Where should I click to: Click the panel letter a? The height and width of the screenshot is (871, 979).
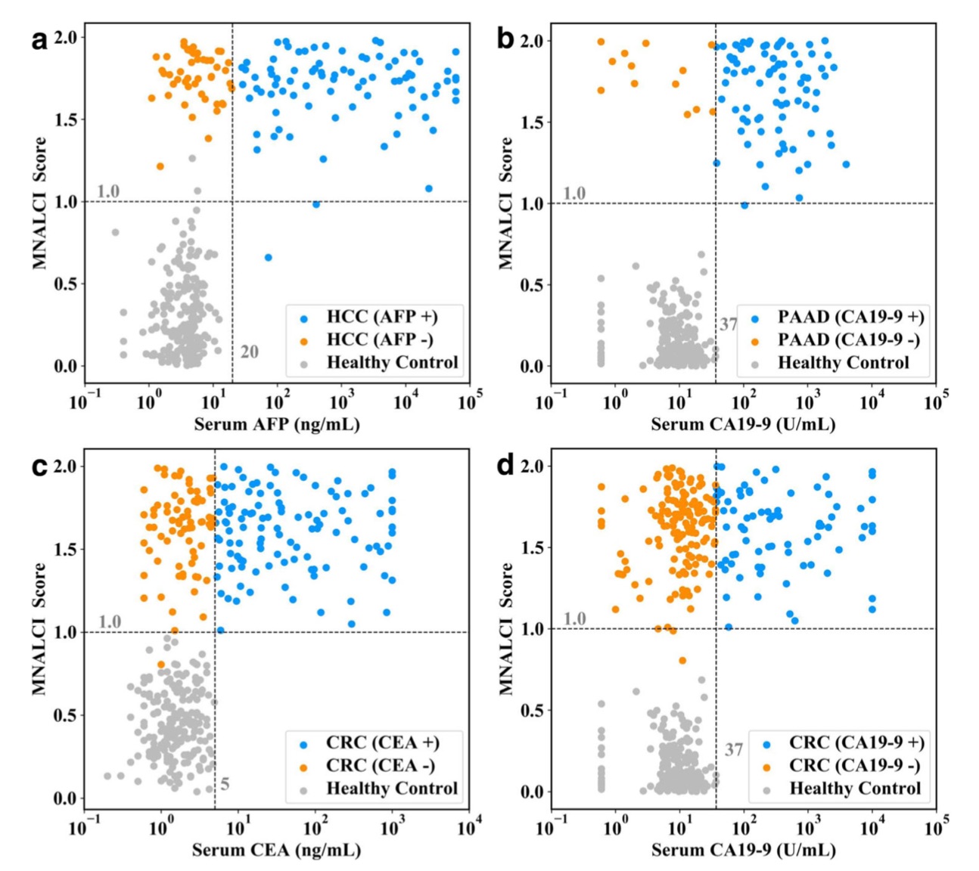pos(39,39)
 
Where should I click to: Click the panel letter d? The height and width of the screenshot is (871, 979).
pos(506,466)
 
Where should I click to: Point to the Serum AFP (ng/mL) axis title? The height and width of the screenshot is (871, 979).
pos(277,424)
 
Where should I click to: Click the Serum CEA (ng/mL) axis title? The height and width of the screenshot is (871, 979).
pos(276,851)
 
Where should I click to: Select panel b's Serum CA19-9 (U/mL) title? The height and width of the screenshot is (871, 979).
pos(743,424)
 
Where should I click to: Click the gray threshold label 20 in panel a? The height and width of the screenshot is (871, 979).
pos(250,352)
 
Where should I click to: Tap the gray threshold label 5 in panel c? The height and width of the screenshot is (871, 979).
pos(225,784)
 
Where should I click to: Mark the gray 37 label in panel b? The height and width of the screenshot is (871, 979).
pos(728,324)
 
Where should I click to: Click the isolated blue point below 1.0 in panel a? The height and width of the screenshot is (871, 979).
pos(268,258)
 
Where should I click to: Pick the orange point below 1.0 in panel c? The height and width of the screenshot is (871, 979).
pos(161,665)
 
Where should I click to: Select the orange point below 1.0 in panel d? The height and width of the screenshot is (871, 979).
pos(682,660)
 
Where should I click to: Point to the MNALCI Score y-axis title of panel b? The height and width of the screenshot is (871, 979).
pos(505,203)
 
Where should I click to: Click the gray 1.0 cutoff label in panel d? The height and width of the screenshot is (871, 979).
pos(575,618)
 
